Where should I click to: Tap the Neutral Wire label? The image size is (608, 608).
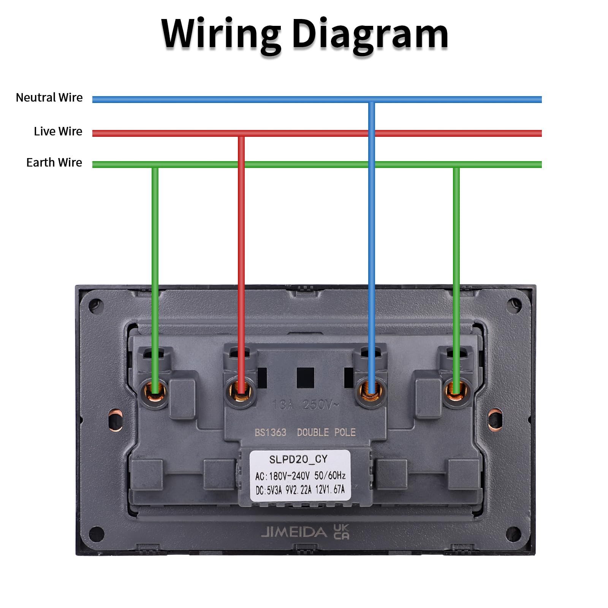49,98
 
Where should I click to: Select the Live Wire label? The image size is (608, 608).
58,131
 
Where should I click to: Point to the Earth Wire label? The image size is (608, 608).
54,163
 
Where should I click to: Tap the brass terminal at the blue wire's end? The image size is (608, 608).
371,391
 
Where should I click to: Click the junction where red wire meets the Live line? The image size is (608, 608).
241,133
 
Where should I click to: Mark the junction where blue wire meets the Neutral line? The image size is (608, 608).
372,100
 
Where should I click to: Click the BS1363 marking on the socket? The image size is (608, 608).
270,432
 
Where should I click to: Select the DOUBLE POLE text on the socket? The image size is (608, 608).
326,432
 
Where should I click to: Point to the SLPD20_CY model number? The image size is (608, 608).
298,459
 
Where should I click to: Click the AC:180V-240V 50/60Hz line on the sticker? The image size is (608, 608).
300,475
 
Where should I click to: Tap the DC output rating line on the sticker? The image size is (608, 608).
300,490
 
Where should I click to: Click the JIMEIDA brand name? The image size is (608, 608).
294,532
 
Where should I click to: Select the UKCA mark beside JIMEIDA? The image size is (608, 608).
341,532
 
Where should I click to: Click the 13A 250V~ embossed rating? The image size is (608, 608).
305,405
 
